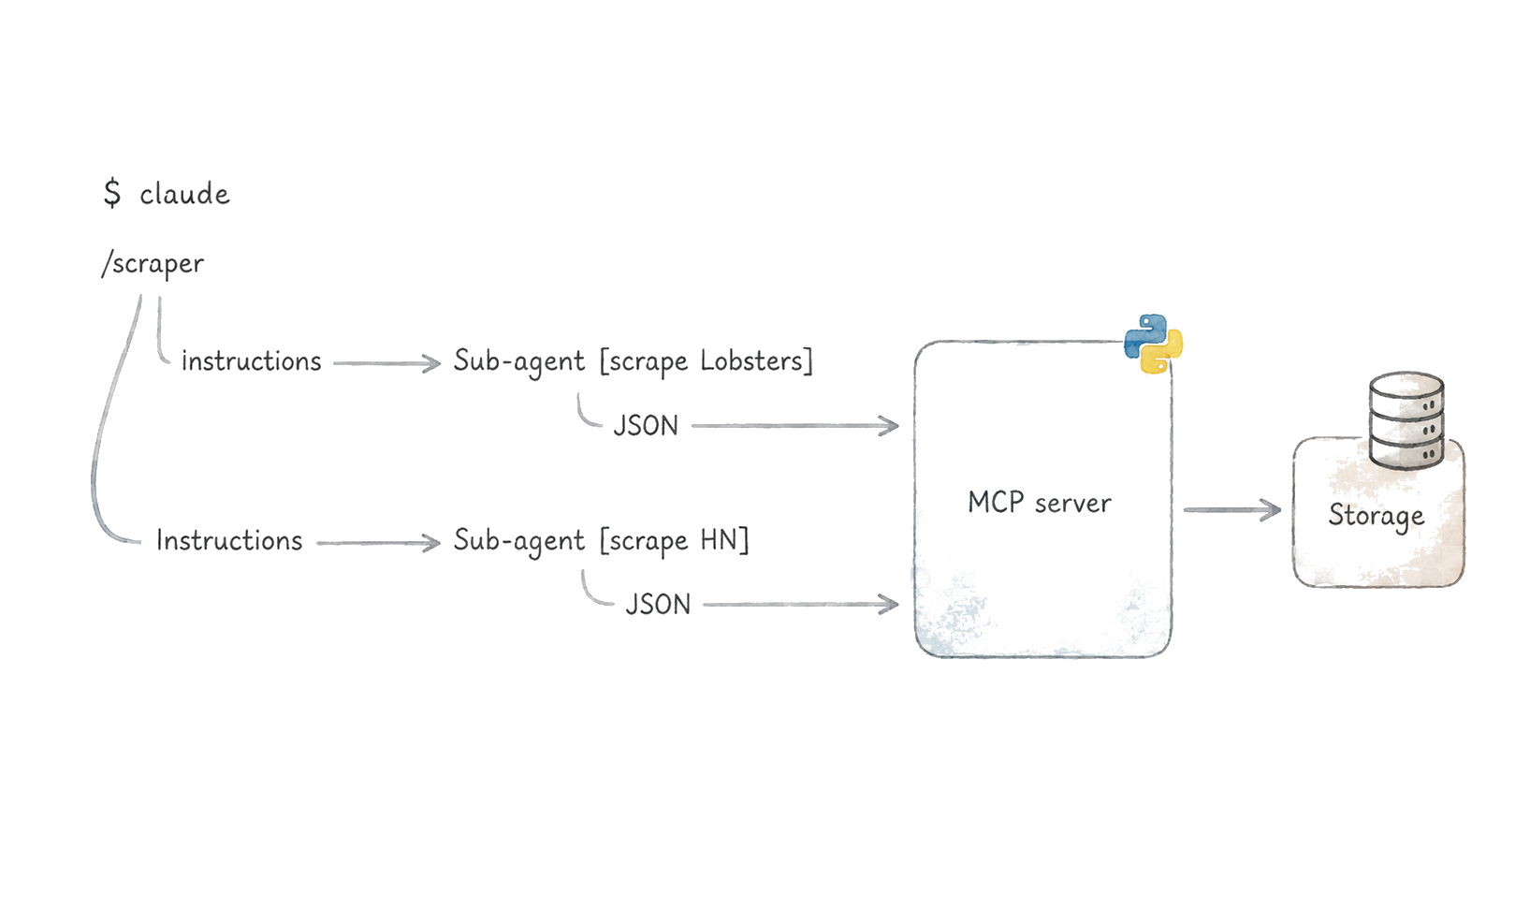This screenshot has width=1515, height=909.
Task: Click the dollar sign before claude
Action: [x=112, y=193]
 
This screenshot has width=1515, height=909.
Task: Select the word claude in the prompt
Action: [x=184, y=194]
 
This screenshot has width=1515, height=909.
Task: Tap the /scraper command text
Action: [x=153, y=263]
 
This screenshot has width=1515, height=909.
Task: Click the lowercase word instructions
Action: [x=252, y=361]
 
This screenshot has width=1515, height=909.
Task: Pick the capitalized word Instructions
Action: [x=229, y=541]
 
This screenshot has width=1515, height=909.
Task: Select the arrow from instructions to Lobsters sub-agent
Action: [x=386, y=363]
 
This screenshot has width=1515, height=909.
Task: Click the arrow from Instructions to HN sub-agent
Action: [x=379, y=543]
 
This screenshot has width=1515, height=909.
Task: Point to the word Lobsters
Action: [x=751, y=360]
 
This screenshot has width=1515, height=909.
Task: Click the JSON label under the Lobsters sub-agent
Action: [x=646, y=426]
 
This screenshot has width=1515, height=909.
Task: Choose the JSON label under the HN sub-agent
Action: [x=658, y=605]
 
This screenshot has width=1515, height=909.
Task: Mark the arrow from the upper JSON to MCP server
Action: [x=795, y=426]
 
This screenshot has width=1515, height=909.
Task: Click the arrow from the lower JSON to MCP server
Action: [x=801, y=605]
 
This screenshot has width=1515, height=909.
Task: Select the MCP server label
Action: [x=1040, y=503]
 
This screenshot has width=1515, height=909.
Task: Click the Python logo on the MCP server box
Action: [x=1153, y=344]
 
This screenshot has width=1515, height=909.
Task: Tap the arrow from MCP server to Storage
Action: [x=1232, y=509]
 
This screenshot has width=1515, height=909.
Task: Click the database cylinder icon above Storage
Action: [x=1406, y=420]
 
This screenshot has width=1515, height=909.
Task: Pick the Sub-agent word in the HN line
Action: [x=519, y=541]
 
